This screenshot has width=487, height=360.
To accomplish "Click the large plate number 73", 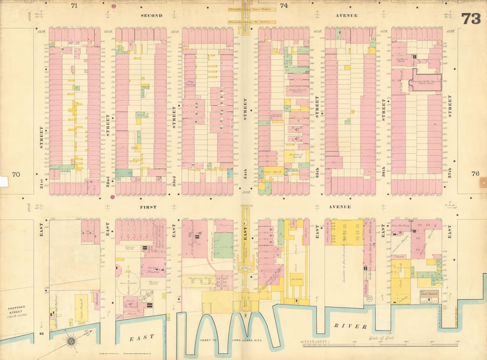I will [x=471, y=19].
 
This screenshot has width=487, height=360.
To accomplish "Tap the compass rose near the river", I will [x=70, y=341].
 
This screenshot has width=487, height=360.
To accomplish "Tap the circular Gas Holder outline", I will [x=128, y=283].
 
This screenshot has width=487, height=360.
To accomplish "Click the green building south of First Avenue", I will [x=224, y=245].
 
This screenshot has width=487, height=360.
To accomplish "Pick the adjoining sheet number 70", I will [x=16, y=174].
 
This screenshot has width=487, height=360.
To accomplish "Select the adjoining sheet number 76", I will [x=475, y=174].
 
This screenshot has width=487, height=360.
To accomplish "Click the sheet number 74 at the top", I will [x=284, y=6].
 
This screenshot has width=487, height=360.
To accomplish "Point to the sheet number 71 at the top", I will [x=74, y=6].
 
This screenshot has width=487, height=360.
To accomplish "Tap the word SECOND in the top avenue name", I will [x=151, y=15].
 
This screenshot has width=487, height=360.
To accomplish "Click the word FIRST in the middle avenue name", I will [x=148, y=207].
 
